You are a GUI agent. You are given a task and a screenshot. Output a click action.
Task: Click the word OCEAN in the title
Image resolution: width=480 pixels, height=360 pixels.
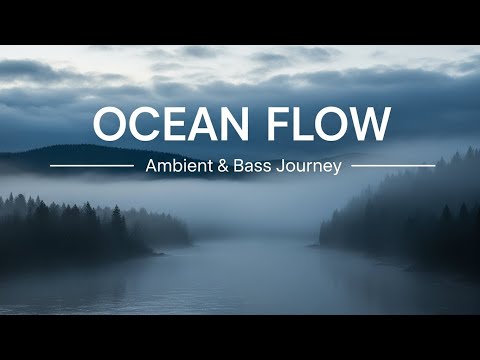point(170,123)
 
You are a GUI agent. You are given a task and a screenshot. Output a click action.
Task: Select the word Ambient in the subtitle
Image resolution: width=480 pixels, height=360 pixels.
point(177,166)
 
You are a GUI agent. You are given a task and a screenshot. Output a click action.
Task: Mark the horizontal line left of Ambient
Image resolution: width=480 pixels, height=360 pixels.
point(91,165)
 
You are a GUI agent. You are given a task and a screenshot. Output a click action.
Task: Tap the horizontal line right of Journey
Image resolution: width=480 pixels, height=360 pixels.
point(393,165)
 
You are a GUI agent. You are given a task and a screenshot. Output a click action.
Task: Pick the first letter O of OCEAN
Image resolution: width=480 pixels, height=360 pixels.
point(112,123)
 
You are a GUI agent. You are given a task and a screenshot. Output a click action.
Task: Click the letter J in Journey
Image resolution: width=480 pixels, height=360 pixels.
point(279,166)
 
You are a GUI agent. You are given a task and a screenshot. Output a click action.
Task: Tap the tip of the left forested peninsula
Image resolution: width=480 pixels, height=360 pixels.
point(185,240)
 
